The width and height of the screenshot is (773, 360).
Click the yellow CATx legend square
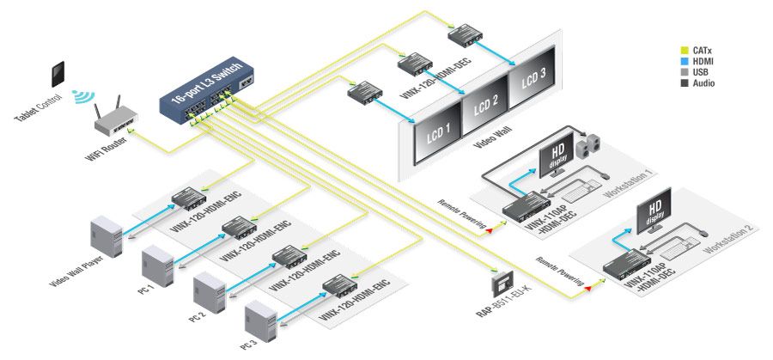click(x=684, y=50)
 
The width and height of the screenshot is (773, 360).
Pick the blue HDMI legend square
click(x=684, y=61)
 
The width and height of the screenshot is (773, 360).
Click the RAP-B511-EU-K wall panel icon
click(x=501, y=283)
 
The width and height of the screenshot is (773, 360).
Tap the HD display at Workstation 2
click(x=655, y=219)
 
